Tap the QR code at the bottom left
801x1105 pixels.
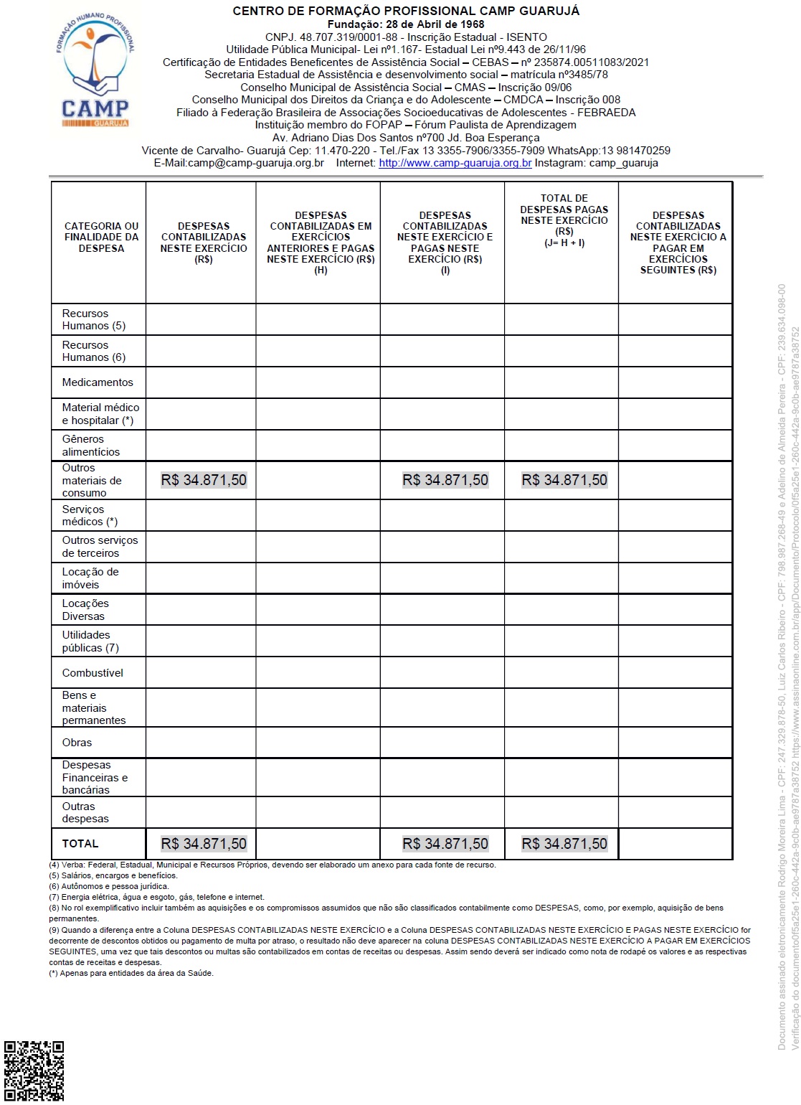coord(34,1071)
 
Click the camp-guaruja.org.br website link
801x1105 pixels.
coord(455,163)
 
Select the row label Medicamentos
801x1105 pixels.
coord(98,382)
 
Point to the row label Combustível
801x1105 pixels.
coord(93,673)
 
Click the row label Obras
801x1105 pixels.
coord(77,743)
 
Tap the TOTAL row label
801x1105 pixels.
coord(80,844)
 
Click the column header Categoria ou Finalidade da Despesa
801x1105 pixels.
coord(101,237)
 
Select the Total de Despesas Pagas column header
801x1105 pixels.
coord(564,220)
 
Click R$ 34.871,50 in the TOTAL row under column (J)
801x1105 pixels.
coord(564,844)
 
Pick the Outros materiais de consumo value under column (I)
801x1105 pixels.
coord(445,480)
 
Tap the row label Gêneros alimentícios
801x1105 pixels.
coord(90,446)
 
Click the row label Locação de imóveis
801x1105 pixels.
coord(90,578)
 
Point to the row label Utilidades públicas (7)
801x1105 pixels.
coord(90,641)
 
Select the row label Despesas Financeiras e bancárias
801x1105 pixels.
coord(95,777)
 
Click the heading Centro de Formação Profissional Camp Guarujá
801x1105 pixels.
coord(406,11)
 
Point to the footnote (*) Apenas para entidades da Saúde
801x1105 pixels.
coord(131,973)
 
